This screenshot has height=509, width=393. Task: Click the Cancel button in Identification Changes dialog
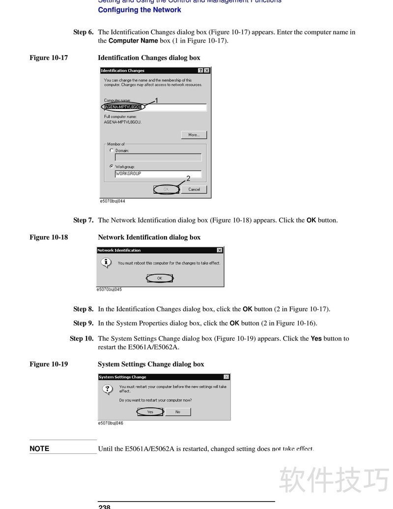click(194, 189)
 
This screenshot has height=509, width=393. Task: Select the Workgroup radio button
click(112, 166)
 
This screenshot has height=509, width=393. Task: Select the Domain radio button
click(112, 150)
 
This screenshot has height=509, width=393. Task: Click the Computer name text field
click(155, 107)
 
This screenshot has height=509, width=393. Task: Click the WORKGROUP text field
click(158, 174)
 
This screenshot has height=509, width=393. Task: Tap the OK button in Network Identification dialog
click(160, 278)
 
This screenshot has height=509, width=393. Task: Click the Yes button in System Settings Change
click(150, 412)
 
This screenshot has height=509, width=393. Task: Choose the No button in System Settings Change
click(178, 412)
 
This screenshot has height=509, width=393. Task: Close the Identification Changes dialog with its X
click(207, 71)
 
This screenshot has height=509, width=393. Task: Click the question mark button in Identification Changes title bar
click(201, 71)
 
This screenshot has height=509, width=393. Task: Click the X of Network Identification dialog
click(220, 250)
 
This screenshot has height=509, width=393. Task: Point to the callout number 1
click(156, 100)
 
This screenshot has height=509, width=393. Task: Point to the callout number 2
click(188, 179)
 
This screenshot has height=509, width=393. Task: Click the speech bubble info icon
click(107, 263)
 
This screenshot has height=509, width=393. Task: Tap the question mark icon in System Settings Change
click(107, 389)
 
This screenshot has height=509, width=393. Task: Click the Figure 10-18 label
click(49, 238)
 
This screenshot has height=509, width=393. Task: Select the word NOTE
click(39, 449)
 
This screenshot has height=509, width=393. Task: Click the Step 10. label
click(82, 338)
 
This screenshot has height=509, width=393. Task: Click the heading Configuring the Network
click(140, 10)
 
